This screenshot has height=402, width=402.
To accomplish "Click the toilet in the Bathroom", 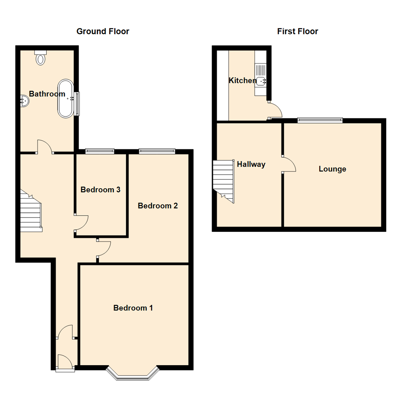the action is pyautogui.click(x=41, y=58).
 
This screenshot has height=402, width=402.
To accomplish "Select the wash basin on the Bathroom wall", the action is pyautogui.click(x=25, y=101).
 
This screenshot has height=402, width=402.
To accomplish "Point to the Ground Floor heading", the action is pyautogui.click(x=103, y=31).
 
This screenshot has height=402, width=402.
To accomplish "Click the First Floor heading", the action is pyautogui.click(x=297, y=31).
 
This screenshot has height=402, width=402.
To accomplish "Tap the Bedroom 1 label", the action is pyautogui.click(x=133, y=308).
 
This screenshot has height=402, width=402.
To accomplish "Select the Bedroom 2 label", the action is pyautogui.click(x=158, y=205).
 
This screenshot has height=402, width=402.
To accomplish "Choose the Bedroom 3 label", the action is pyautogui.click(x=100, y=189).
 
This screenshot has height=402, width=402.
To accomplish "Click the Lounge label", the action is pyautogui.click(x=332, y=169).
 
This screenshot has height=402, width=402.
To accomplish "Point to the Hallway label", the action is pyautogui.click(x=251, y=165).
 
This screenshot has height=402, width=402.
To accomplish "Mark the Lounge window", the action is pyautogui.click(x=320, y=120).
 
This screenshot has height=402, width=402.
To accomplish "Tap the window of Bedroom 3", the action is pyautogui.click(x=100, y=151).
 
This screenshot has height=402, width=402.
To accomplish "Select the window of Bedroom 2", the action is pyautogui.click(x=157, y=151).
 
